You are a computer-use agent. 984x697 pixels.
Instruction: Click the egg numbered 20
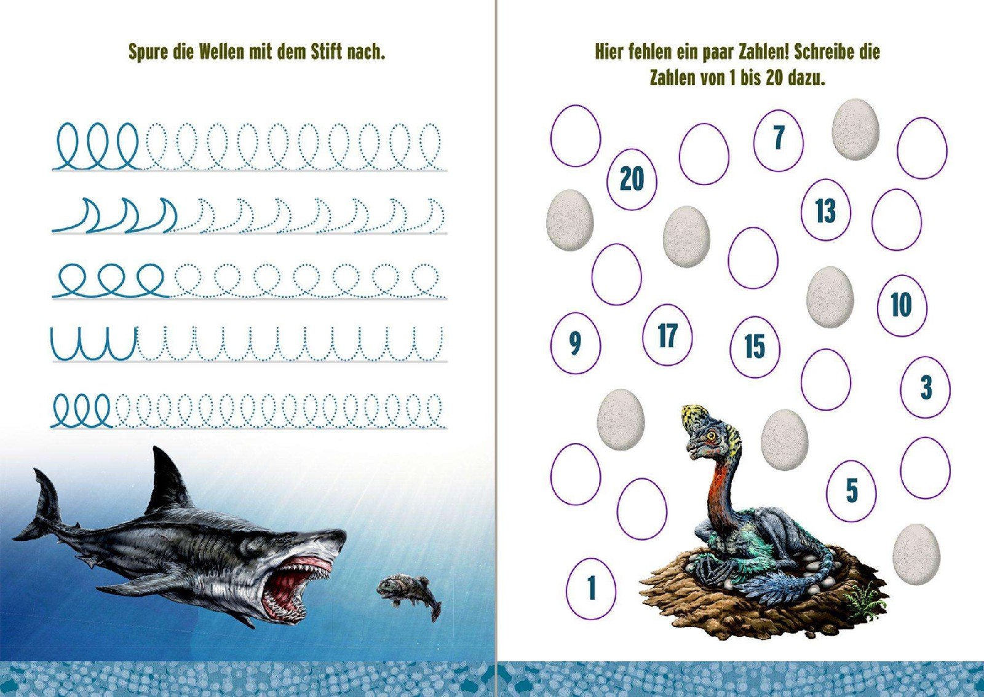[x=632, y=180]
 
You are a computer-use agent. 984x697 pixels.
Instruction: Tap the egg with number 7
[x=779, y=140]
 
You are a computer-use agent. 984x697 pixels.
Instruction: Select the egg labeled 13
[x=825, y=210]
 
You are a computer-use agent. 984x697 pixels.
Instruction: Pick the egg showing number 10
[x=902, y=306]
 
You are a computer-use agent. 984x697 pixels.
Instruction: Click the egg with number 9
[x=576, y=343]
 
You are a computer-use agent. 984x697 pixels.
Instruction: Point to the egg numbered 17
[x=667, y=335]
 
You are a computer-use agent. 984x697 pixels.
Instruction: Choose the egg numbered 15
[x=755, y=346]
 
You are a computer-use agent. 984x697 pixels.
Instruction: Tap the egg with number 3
[x=925, y=387]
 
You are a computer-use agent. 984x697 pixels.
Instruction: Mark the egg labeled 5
[x=851, y=490]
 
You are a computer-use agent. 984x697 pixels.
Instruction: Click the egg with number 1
[x=591, y=588]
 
